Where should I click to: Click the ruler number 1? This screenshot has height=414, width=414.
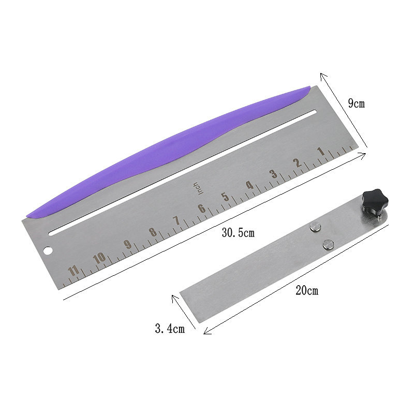click(321, 151)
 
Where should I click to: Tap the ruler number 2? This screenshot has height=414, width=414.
click(298, 162)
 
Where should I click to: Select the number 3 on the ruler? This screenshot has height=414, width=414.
click(274, 174)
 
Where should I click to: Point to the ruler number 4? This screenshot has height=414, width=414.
click(249, 185)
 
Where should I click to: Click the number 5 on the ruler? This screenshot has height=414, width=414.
click(225, 197)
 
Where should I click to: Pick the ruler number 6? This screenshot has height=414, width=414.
click(202, 209)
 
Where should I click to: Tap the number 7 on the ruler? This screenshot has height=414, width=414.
click(176, 220)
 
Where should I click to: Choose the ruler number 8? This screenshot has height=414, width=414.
click(153, 232)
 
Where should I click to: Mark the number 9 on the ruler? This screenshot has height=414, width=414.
click(128, 244)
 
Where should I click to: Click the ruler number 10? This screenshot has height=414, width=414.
click(100, 258)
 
